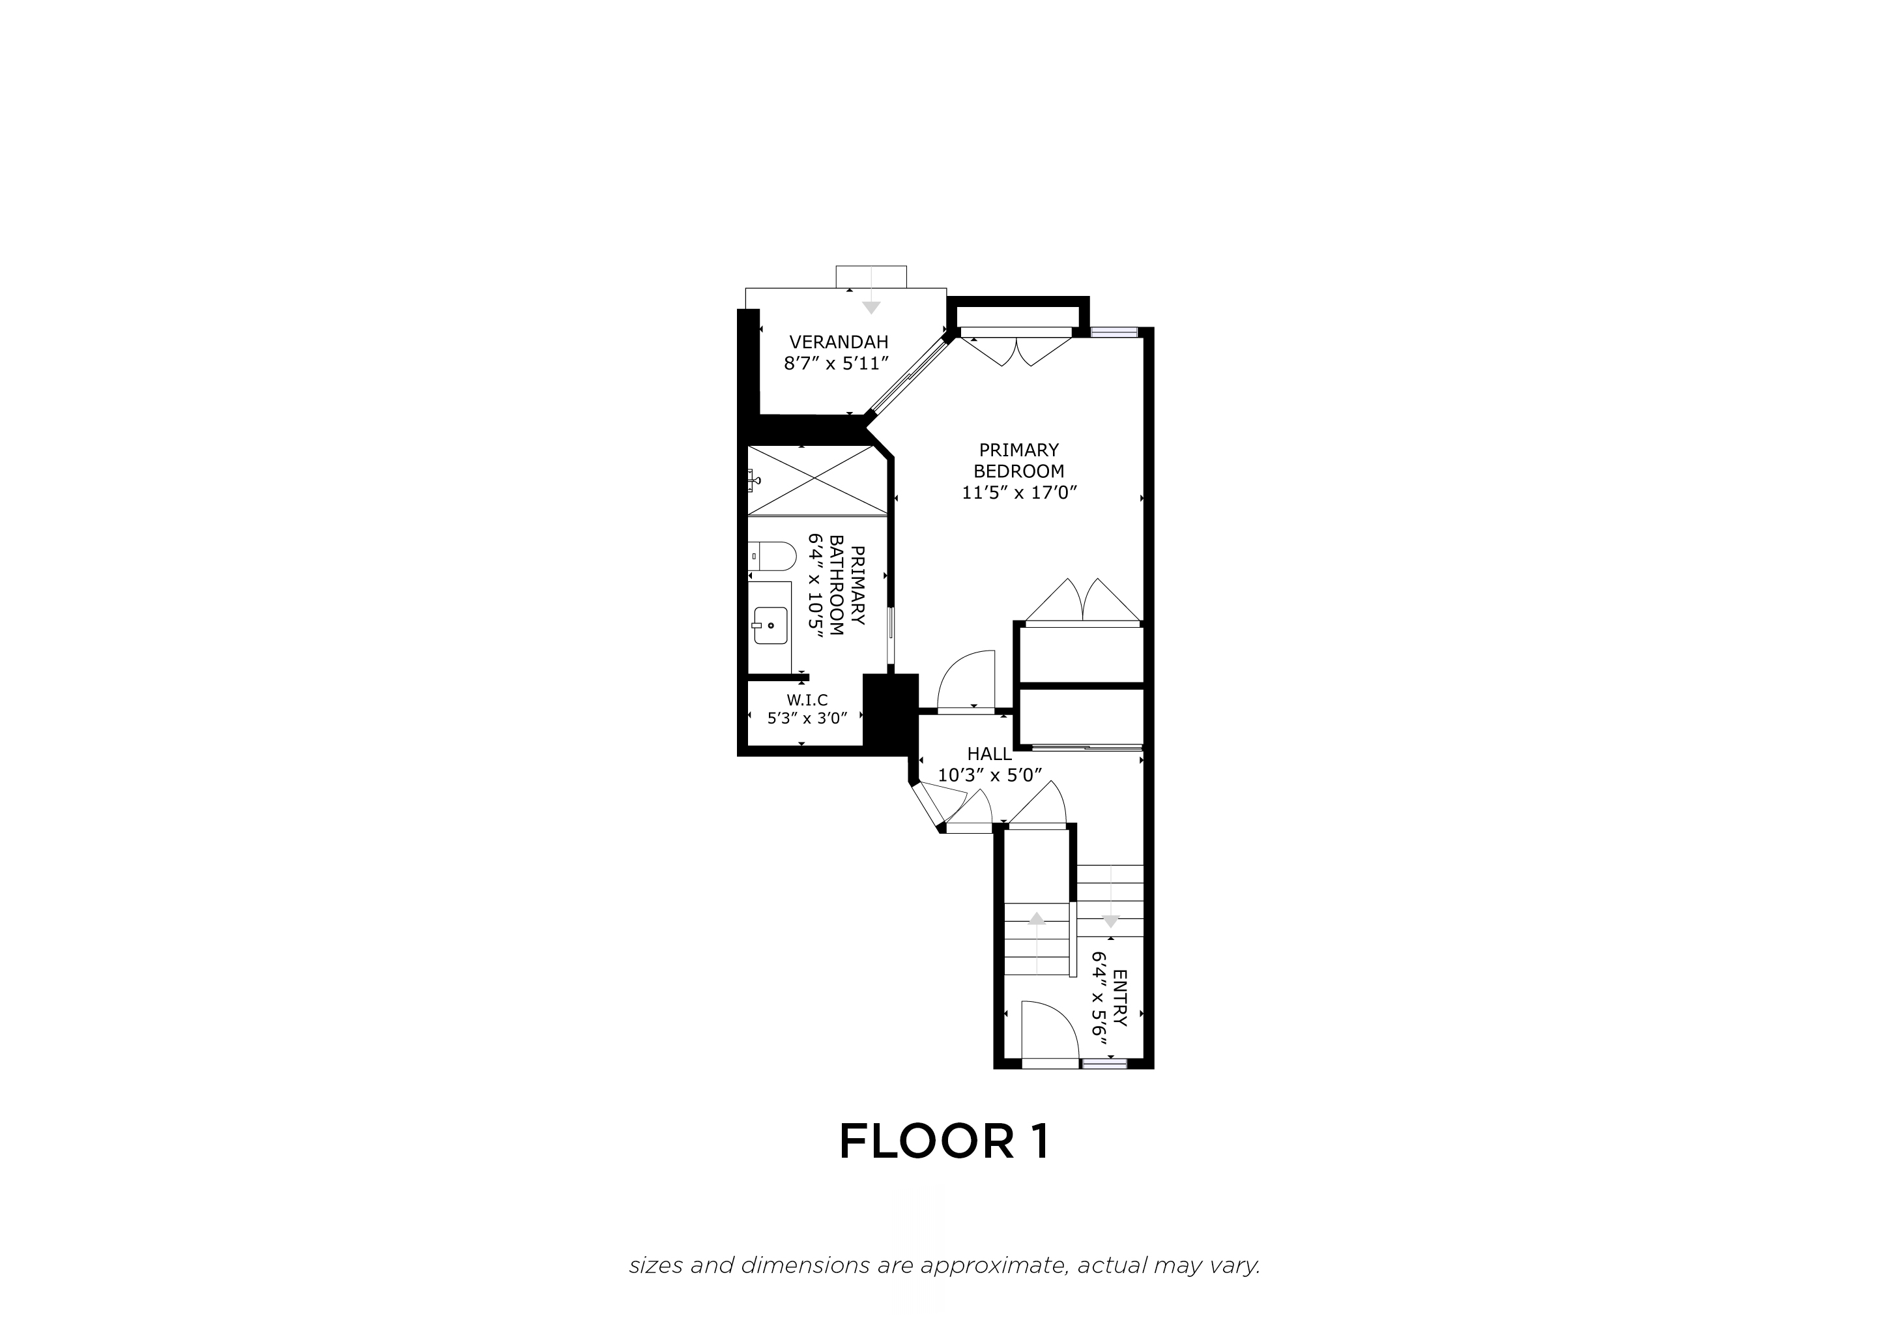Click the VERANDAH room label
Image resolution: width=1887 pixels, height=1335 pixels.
pyautogui.click(x=839, y=342)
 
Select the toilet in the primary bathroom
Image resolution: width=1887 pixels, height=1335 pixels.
pyautogui.click(x=771, y=557)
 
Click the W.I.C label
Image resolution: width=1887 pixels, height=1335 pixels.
pyautogui.click(x=807, y=700)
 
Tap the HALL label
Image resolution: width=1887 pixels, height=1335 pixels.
pyautogui.click(x=990, y=754)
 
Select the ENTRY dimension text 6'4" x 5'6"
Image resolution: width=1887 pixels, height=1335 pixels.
pyautogui.click(x=1099, y=999)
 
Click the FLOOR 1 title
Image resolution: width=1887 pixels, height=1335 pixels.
pyautogui.click(x=944, y=1142)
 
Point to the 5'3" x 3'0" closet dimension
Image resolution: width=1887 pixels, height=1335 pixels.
pyautogui.click(x=807, y=718)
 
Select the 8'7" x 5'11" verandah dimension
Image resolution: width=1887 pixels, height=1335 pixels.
pyautogui.click(x=839, y=363)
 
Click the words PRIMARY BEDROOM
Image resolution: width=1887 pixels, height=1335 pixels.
pyautogui.click(x=1019, y=460)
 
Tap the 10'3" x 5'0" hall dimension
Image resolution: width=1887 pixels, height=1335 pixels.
pyautogui.click(x=990, y=775)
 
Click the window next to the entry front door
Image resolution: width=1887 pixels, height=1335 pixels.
pyautogui.click(x=1104, y=1064)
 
